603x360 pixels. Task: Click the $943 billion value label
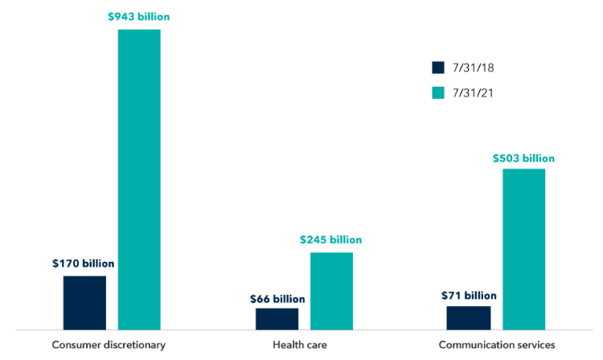pyautogui.click(x=139, y=16)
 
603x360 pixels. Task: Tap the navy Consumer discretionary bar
pyautogui.click(x=84, y=302)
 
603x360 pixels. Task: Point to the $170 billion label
pyautogui.click(x=84, y=263)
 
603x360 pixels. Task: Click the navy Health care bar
pyautogui.click(x=277, y=318)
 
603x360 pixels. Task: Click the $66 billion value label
pyautogui.click(x=277, y=299)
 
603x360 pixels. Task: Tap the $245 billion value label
pyautogui.click(x=331, y=239)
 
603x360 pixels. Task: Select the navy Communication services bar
pyautogui.click(x=469, y=317)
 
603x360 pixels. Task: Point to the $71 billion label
pyautogui.click(x=469, y=296)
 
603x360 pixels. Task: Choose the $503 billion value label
pyautogui.click(x=523, y=158)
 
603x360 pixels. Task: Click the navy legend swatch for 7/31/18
pyautogui.click(x=438, y=67)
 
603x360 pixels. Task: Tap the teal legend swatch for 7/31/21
pyautogui.click(x=438, y=92)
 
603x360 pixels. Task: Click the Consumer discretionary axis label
pyautogui.click(x=109, y=345)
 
